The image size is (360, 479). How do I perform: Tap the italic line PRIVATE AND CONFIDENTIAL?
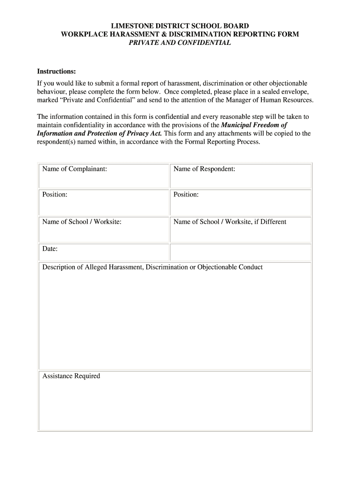coord(180,43)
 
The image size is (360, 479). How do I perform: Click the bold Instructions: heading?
coord(56,71)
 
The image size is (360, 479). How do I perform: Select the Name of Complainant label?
coord(75,169)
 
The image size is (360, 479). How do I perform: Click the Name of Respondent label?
coord(204,169)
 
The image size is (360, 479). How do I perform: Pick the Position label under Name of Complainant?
coord(55,195)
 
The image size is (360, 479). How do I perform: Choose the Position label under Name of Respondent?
coord(186,195)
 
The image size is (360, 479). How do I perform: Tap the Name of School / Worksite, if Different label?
coord(230,222)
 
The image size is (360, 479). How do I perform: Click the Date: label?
coord(50,249)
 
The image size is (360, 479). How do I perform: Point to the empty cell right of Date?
coord(240,252)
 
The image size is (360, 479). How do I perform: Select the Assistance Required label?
coord(71,376)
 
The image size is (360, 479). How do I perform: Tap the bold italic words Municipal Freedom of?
coord(254,125)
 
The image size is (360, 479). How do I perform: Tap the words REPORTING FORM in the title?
coord(268,34)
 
